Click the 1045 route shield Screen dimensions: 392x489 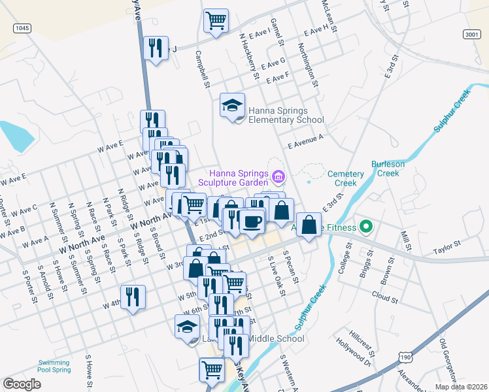(22, 28)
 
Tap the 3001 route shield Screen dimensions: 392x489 (471, 34)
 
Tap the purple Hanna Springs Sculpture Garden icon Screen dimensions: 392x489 (278, 176)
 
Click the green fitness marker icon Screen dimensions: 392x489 (366, 227)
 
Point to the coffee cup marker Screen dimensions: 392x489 (252, 220)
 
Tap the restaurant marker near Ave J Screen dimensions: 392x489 (156, 48)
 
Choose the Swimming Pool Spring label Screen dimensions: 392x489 (54, 366)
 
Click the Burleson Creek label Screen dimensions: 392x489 (388, 169)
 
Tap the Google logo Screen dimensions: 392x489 (22, 384)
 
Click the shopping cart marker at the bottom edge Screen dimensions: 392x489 (212, 370)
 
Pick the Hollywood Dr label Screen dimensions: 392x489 (354, 356)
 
